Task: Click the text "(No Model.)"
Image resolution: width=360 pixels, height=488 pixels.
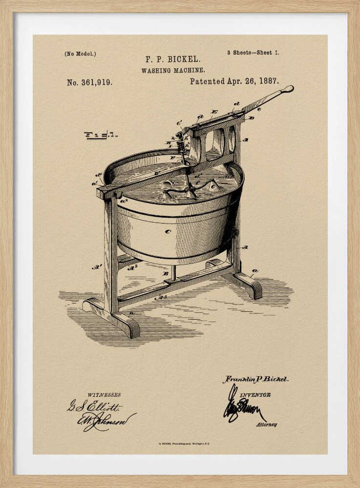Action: coord(80,54)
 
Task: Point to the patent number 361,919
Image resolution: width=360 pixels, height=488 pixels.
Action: coord(89,82)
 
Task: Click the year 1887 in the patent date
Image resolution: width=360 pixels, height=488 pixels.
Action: coord(268,81)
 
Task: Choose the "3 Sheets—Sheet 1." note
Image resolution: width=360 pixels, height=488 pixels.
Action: coord(253,52)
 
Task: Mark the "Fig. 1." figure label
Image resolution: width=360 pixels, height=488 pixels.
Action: coord(100,135)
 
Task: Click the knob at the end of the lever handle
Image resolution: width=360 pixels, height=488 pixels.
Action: coord(288,89)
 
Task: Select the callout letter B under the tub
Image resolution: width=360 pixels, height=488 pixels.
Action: coord(165,274)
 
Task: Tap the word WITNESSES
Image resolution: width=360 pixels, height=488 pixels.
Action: coord(104,395)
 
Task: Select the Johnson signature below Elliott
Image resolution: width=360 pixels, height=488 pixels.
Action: coord(106,419)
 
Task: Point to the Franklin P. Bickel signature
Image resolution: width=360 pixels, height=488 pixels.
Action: coord(255,379)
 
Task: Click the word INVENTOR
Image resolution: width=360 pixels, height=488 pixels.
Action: coord(255,395)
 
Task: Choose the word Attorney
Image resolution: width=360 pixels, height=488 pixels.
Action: coord(266,425)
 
